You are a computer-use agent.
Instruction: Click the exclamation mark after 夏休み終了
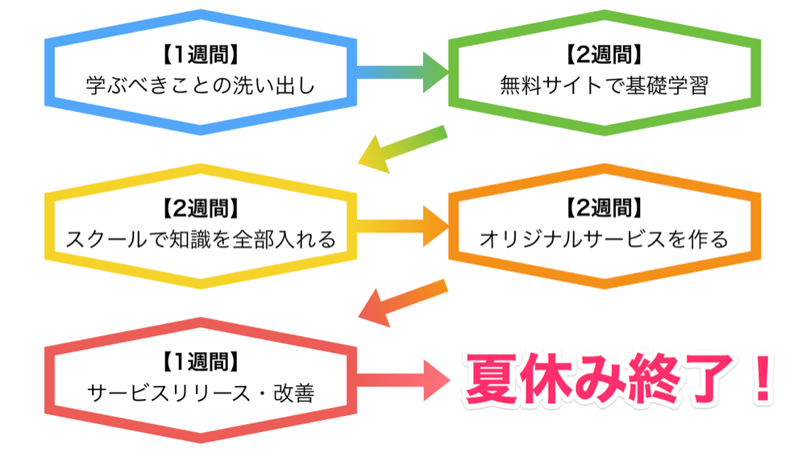click(758, 379)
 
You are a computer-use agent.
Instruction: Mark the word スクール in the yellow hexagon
click(105, 239)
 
